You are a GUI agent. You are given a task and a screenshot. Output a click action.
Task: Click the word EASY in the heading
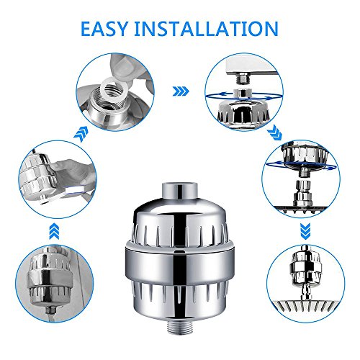[104, 29]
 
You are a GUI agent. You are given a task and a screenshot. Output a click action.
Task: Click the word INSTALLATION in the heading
[207, 29]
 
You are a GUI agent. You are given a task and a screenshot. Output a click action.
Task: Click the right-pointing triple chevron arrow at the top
[181, 91]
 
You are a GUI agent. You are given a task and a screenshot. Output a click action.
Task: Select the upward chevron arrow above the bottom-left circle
[54, 231]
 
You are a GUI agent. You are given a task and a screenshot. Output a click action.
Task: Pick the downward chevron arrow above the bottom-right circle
[305, 231]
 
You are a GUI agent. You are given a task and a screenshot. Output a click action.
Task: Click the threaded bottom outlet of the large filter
[179, 325]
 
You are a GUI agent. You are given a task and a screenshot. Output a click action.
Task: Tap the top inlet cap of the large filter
[179, 191]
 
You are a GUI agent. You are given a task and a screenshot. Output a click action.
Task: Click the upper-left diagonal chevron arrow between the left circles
[81, 134]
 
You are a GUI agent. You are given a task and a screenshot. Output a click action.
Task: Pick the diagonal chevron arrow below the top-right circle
[274, 132]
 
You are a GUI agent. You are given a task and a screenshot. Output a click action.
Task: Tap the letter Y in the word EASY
[120, 29]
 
